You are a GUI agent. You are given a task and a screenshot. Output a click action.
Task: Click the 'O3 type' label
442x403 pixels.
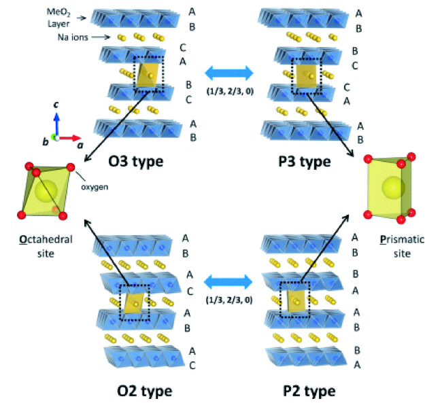tap(140, 162)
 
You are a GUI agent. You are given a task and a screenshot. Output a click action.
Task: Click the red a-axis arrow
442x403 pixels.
tap(69, 138)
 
